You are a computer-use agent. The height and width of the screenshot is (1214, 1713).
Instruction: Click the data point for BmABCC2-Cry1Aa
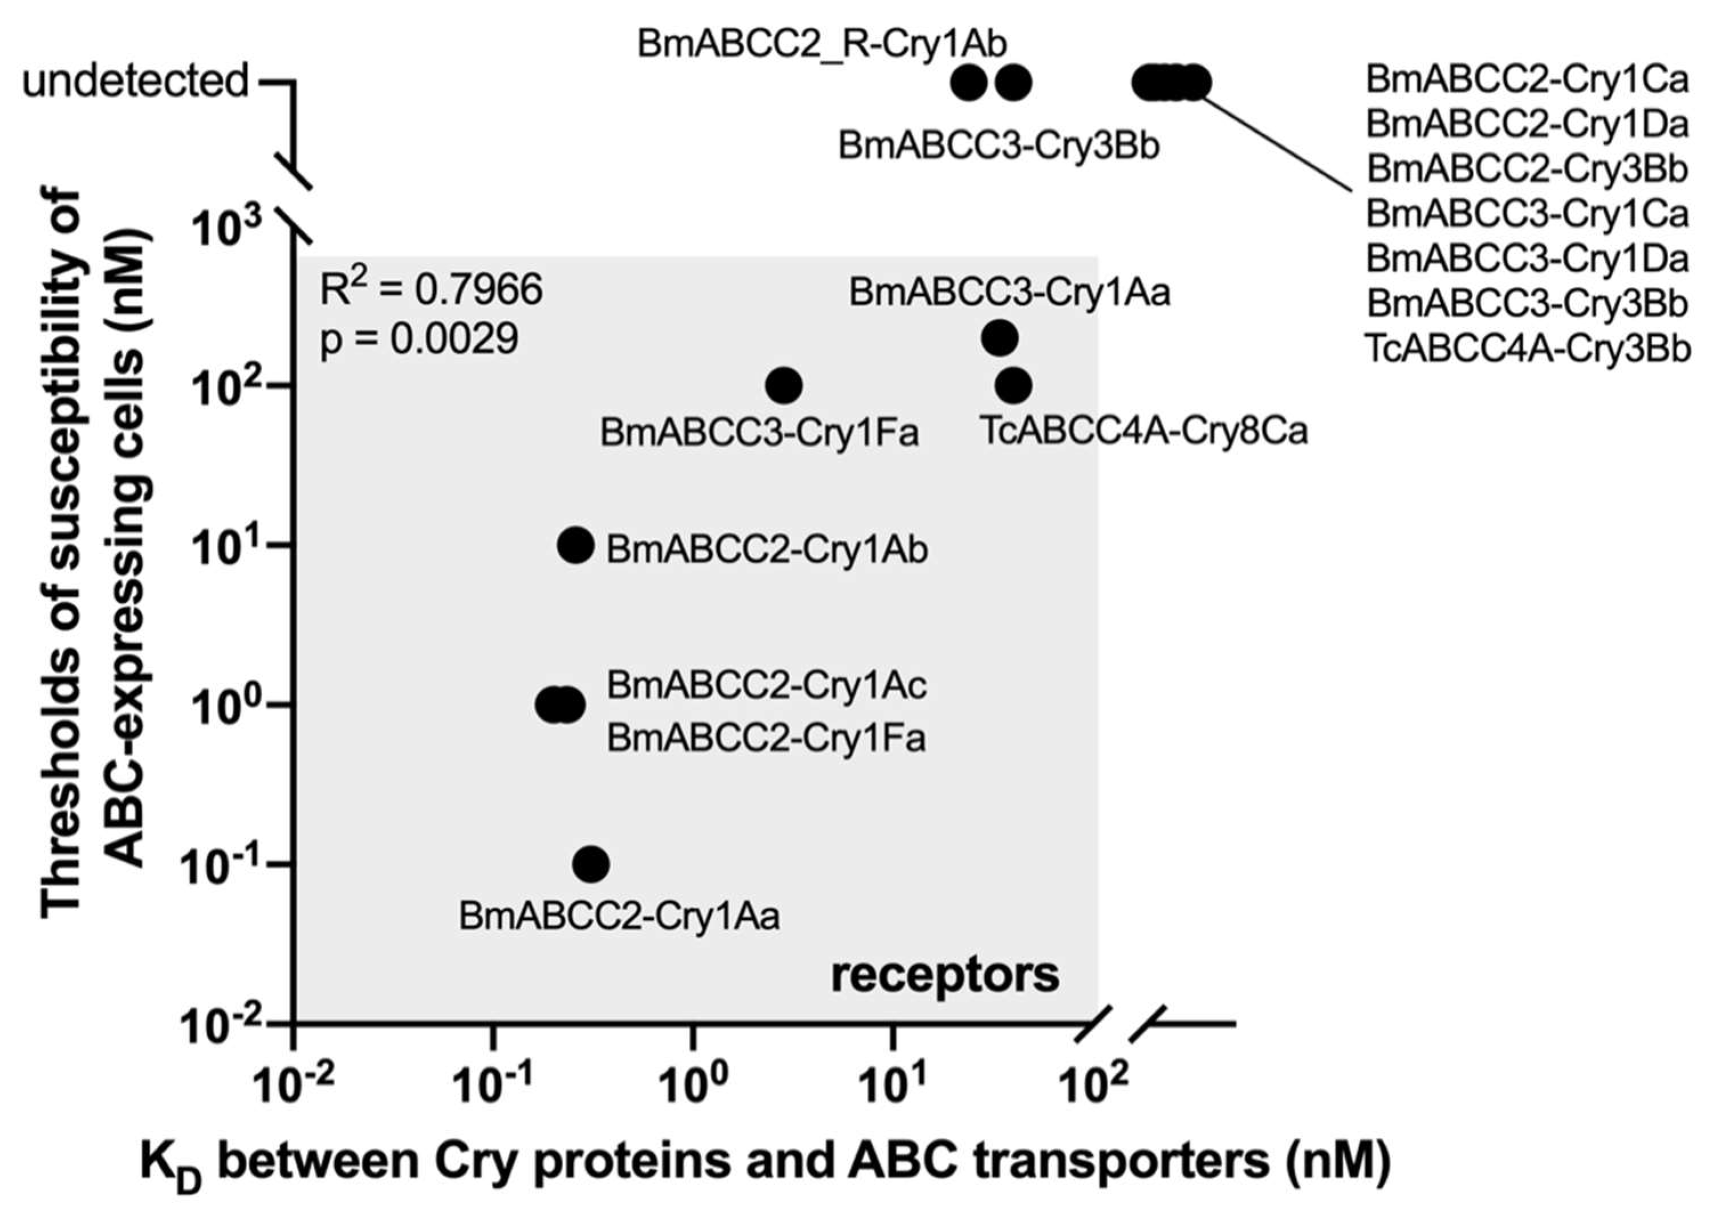pyautogui.click(x=591, y=864)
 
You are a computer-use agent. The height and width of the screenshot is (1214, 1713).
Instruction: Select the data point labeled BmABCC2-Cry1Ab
pyautogui.click(x=576, y=545)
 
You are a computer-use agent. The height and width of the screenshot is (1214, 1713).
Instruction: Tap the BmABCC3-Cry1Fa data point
pyautogui.click(x=784, y=385)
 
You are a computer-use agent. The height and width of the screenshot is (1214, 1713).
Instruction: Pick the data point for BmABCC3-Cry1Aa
pyautogui.click(x=999, y=338)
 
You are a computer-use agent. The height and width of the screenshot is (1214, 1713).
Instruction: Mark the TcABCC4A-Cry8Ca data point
pyautogui.click(x=1014, y=385)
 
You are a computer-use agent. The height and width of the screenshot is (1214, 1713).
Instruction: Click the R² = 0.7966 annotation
pyautogui.click(x=431, y=290)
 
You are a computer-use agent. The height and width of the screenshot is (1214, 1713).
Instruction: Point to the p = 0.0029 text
pyautogui.click(x=420, y=339)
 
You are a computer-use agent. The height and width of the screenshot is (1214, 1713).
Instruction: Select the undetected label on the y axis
pyautogui.click(x=135, y=81)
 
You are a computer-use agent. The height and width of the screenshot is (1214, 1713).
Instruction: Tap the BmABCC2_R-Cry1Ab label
pyautogui.click(x=821, y=43)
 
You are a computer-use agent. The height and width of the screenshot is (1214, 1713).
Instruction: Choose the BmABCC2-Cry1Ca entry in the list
pyautogui.click(x=1527, y=79)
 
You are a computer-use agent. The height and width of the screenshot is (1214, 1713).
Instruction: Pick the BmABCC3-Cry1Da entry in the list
pyautogui.click(x=1527, y=259)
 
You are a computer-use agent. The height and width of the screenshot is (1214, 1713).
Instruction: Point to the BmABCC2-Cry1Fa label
pyautogui.click(x=766, y=738)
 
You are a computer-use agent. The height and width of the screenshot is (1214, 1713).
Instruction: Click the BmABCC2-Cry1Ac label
pyautogui.click(x=767, y=685)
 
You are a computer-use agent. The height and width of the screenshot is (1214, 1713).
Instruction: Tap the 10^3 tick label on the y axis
pyautogui.click(x=228, y=228)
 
